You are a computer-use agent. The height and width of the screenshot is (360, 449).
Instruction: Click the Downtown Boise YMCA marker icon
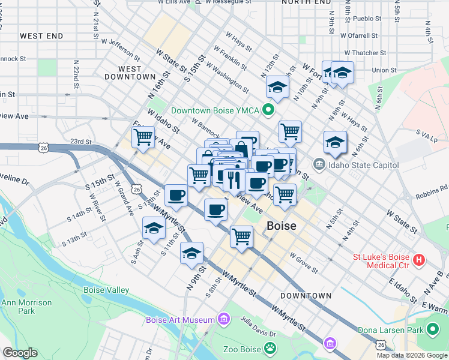[269, 110]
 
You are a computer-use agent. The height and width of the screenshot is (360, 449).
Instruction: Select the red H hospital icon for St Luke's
[420, 260]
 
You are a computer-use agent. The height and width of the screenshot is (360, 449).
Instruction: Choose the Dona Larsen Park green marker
[433, 329]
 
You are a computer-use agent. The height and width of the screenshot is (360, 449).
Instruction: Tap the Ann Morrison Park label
[26, 307]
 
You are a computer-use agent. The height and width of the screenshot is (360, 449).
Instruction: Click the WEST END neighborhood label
[41, 36]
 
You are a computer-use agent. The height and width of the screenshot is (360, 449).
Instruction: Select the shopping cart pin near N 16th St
[143, 136]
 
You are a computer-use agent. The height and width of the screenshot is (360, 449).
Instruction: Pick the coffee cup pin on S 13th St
[176, 195]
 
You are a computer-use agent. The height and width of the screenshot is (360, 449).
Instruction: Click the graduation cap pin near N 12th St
[278, 88]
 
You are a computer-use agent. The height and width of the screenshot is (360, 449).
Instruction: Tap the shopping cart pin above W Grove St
[241, 236]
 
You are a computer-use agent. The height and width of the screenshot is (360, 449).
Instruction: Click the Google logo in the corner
[20, 353]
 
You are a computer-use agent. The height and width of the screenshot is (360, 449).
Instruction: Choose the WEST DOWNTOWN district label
[130, 73]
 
